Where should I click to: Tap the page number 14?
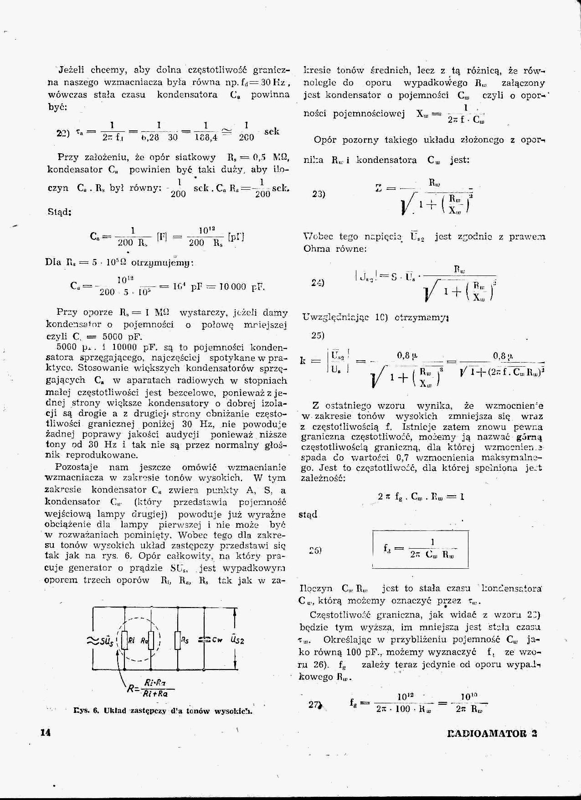tap(45, 733)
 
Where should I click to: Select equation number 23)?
tap(318, 194)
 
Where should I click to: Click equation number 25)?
tap(318, 335)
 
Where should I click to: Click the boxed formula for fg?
tap(420, 548)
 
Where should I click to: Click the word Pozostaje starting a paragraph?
tap(76, 467)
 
